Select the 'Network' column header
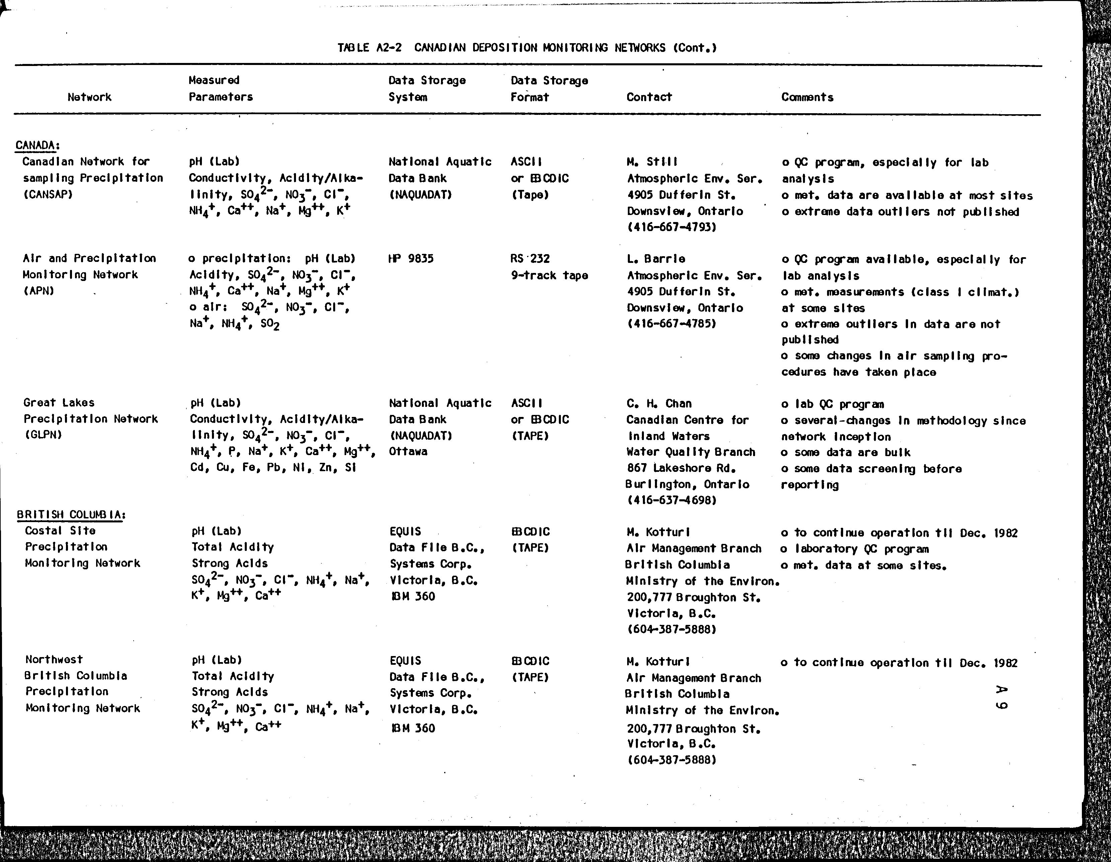89,97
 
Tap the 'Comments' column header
807,97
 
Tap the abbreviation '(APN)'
39,291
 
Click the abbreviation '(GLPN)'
43,435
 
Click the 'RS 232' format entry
530,259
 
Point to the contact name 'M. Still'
652,162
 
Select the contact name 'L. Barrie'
656,259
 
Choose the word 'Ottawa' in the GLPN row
408,451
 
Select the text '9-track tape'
549,275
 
